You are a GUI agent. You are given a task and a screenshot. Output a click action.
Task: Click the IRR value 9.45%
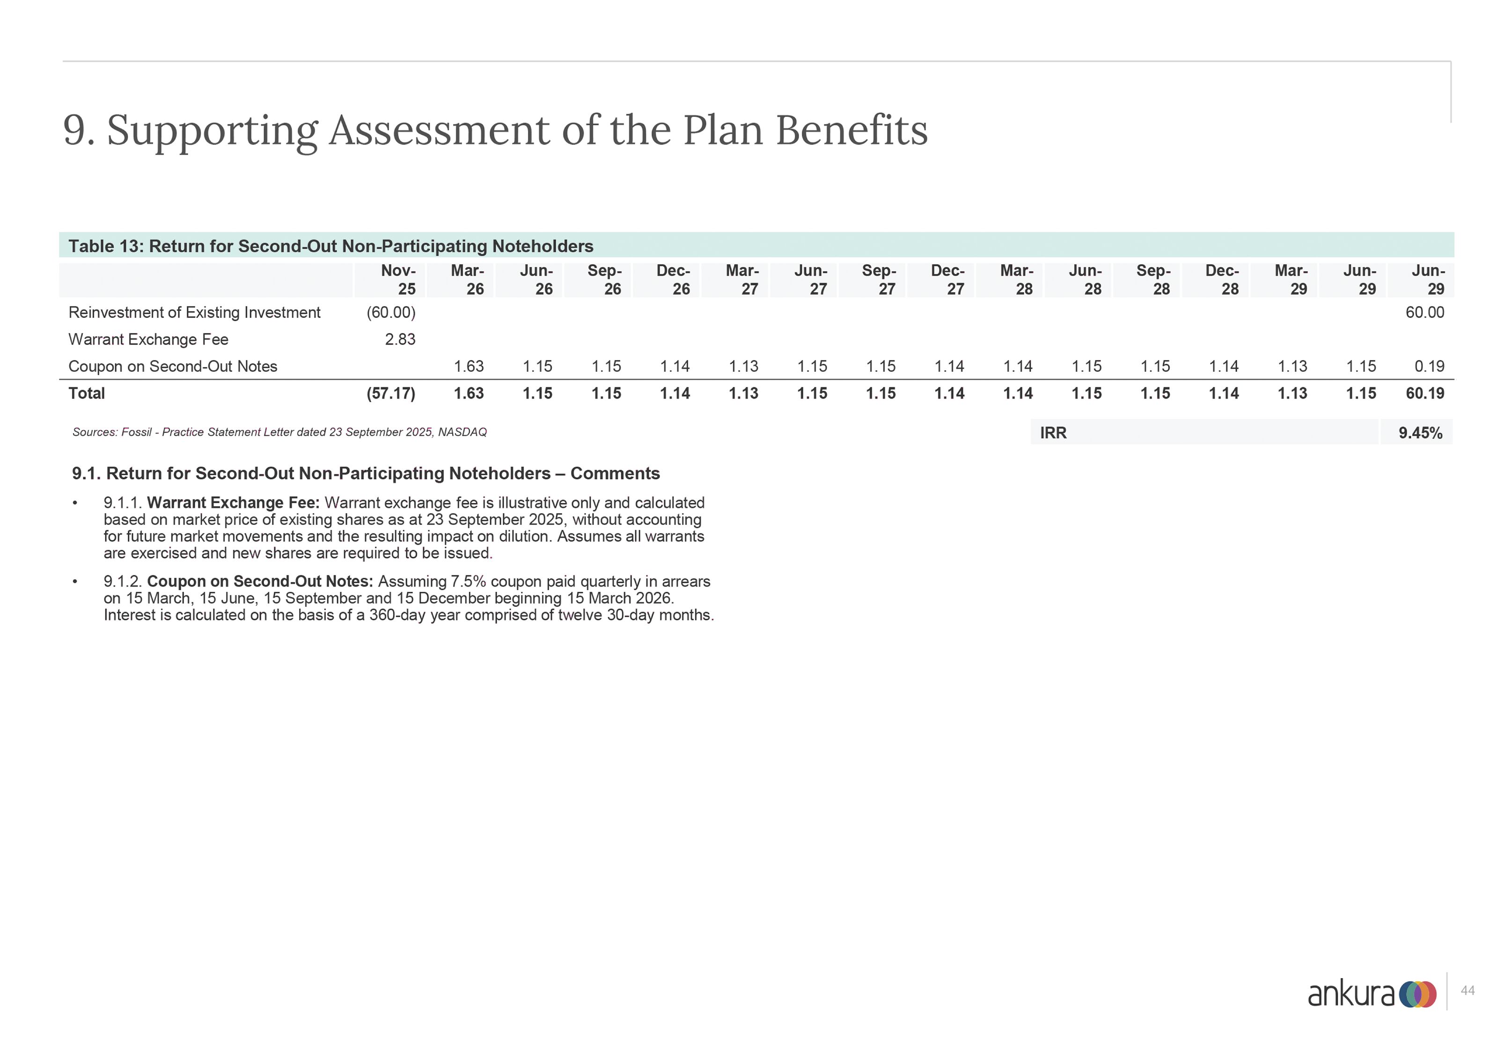1420,433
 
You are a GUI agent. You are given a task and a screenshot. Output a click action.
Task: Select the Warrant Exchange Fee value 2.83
400,339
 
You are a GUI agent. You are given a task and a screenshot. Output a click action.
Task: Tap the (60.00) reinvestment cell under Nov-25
391,312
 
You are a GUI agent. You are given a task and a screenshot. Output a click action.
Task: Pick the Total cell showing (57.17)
391,394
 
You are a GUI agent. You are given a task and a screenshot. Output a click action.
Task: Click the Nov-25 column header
399,280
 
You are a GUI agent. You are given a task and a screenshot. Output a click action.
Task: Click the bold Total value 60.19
1425,394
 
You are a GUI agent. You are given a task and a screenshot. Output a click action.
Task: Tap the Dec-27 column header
948,280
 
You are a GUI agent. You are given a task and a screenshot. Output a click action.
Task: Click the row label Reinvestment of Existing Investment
194,312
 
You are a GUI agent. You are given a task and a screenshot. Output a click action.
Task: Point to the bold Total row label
87,394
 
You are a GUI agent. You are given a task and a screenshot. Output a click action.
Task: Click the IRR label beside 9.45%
1053,433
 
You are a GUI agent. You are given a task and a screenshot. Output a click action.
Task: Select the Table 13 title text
330,246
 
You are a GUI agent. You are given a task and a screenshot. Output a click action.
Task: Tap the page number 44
1468,991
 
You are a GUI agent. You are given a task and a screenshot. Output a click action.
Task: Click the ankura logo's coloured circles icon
1417,995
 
